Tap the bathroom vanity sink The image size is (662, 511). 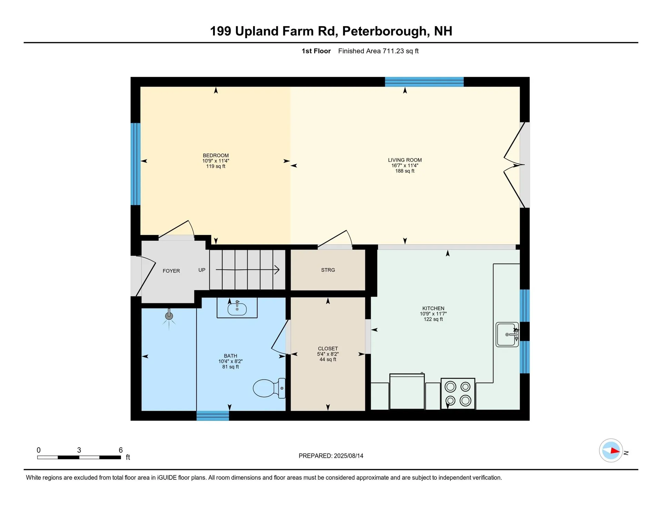tap(237, 309)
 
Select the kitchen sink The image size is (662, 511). tap(507, 335)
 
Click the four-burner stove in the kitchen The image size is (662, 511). tap(458, 394)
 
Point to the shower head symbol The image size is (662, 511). tap(169, 316)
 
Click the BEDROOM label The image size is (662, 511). tap(215, 155)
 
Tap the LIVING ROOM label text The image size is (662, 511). tap(405, 160)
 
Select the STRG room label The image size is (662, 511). tap(328, 270)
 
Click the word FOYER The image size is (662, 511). tap(171, 271)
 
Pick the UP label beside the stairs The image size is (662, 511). tap(202, 270)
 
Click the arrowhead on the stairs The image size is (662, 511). tap(277, 270)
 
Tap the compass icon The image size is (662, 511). tap(611, 450)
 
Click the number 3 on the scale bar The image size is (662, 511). tap(79, 450)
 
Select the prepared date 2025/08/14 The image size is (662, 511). tap(348, 456)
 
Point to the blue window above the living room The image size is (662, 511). tap(424, 82)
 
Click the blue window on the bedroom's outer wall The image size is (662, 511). tap(135, 164)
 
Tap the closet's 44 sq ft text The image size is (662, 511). tap(328, 359)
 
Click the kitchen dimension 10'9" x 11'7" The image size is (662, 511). tap(433, 314)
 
